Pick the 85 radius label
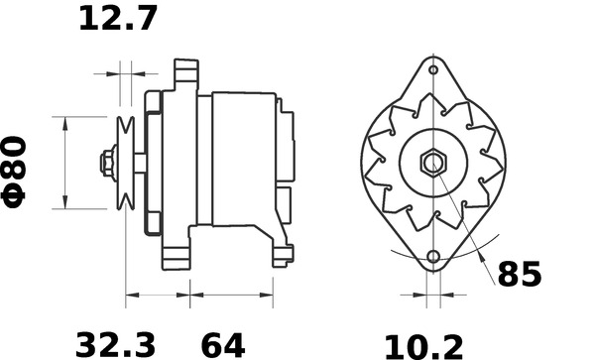519,275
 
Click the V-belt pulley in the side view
125,163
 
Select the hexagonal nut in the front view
433,163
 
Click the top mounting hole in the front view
433,71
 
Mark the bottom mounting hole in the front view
433,258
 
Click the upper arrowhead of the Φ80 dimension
65,124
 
